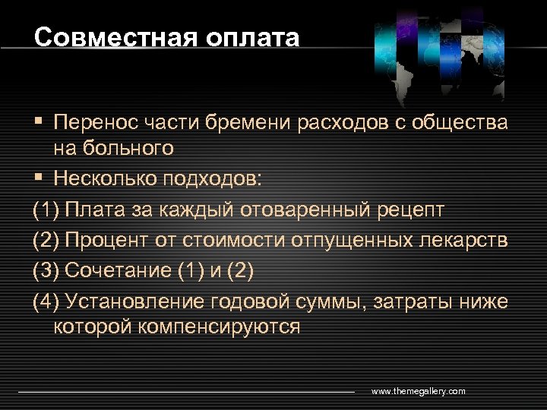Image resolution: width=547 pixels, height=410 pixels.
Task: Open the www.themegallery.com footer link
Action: click(x=418, y=391)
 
